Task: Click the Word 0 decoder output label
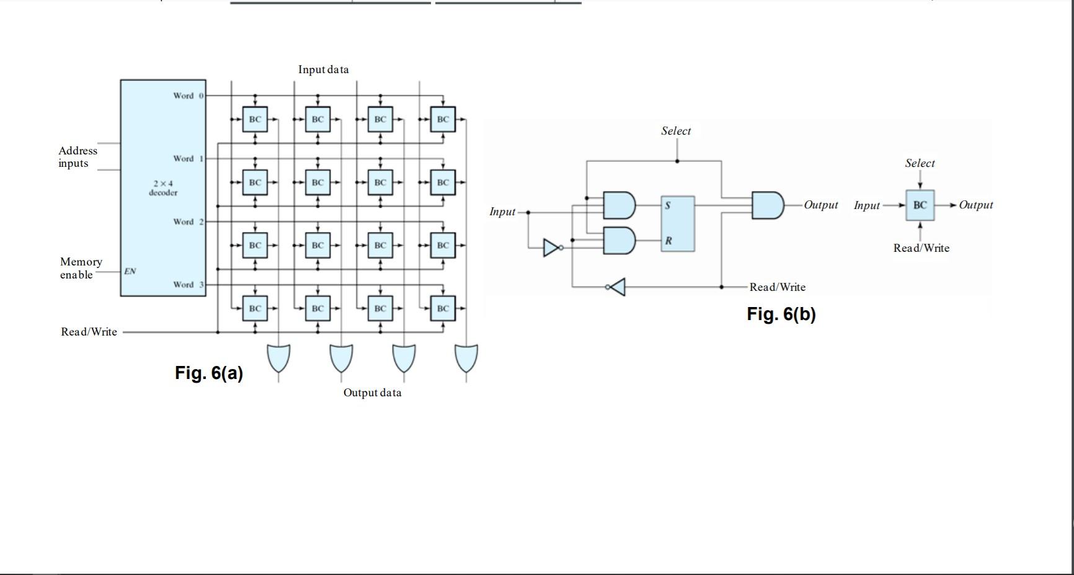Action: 188,96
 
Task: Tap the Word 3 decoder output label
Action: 188,285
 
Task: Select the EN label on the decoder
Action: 130,271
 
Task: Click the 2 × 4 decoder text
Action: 163,188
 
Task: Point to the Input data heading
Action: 323,69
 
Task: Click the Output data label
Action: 372,393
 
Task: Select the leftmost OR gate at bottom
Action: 278,358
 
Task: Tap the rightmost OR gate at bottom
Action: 466,358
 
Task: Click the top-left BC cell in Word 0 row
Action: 255,119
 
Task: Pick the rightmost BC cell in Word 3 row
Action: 443,308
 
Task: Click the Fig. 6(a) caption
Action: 209,373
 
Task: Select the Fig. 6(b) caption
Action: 781,314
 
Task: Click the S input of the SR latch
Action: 668,205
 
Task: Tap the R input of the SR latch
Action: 668,241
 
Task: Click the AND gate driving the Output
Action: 767,205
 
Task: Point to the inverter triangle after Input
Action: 551,247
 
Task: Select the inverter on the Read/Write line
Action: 617,287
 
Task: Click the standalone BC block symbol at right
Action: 920,205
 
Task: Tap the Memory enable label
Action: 81,268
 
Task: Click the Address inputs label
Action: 78,157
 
